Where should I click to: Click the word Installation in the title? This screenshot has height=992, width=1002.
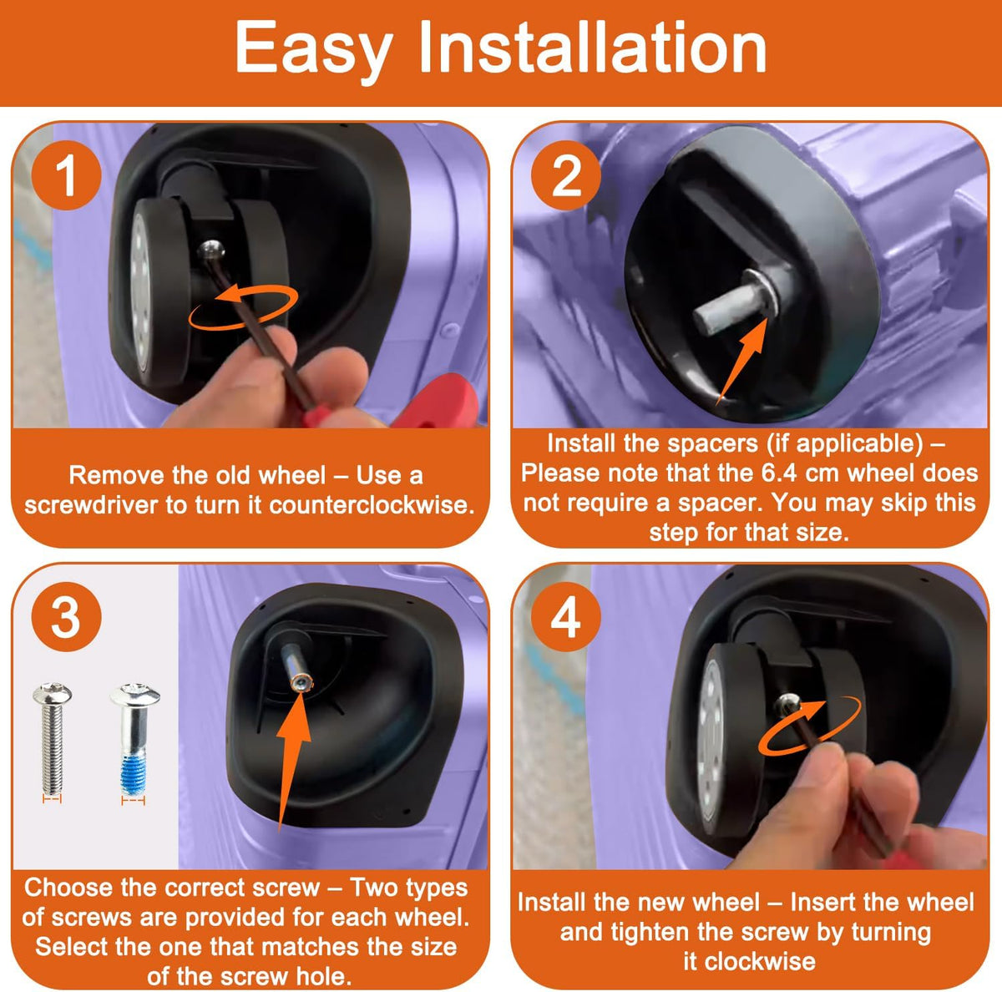593,47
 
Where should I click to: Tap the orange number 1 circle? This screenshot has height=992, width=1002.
66,175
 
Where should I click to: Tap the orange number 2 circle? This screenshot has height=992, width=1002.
566,175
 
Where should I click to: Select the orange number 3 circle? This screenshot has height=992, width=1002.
66,617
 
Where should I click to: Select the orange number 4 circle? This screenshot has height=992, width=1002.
566,617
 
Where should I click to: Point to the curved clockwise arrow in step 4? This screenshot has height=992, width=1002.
809,726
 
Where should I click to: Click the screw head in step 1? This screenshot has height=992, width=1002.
211,250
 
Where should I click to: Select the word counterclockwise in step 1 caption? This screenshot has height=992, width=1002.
372,504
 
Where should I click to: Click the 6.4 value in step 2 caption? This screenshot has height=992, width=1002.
775,473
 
